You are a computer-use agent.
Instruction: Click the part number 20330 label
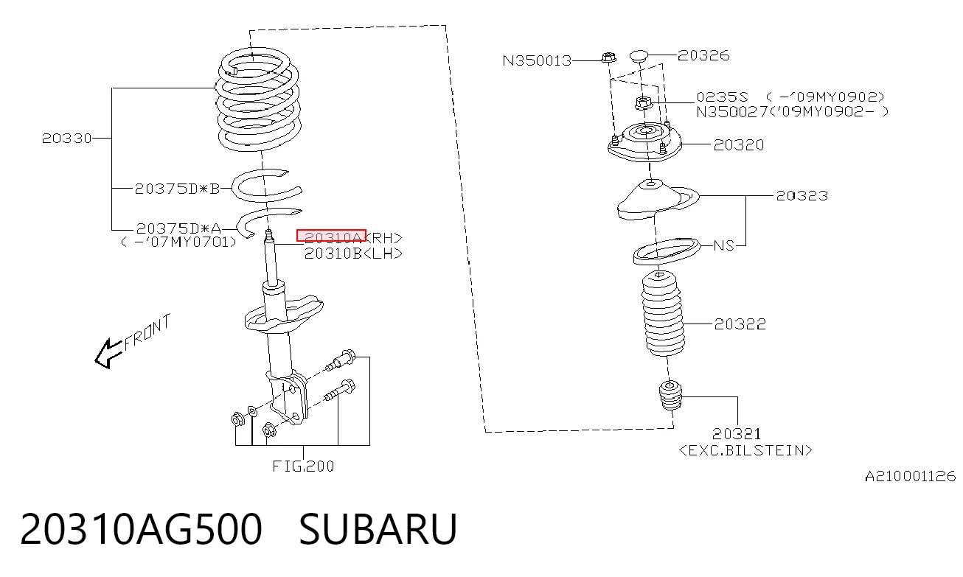(x=66, y=139)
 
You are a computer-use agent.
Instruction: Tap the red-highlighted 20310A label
(x=331, y=236)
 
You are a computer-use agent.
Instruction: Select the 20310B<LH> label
(x=353, y=254)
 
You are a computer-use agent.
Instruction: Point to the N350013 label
(x=537, y=60)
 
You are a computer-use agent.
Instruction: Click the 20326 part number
(x=703, y=55)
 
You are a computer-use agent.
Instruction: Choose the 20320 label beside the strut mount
(x=739, y=145)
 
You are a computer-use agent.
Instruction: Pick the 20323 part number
(x=802, y=196)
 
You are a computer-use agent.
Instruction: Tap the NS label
(x=723, y=245)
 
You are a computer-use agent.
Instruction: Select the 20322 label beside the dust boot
(x=740, y=324)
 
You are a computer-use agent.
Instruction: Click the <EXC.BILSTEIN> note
(x=745, y=450)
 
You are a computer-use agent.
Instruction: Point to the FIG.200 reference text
(x=303, y=466)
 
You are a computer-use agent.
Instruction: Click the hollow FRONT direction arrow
(x=109, y=354)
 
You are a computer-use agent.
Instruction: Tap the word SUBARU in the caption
(x=378, y=529)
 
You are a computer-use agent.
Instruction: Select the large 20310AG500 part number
(x=141, y=529)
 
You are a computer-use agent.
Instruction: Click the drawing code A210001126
(x=911, y=477)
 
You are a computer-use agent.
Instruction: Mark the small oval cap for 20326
(x=639, y=55)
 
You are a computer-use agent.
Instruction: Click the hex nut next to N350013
(x=608, y=57)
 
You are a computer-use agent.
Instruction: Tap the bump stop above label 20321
(x=670, y=395)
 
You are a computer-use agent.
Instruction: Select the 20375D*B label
(x=177, y=189)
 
